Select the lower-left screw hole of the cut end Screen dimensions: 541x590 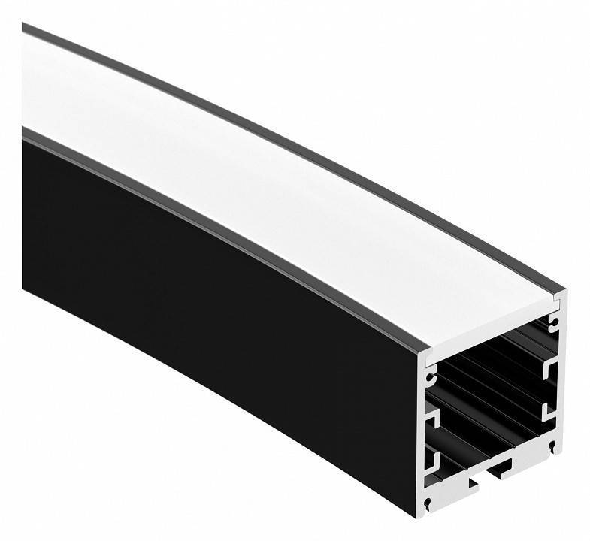(428, 502)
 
